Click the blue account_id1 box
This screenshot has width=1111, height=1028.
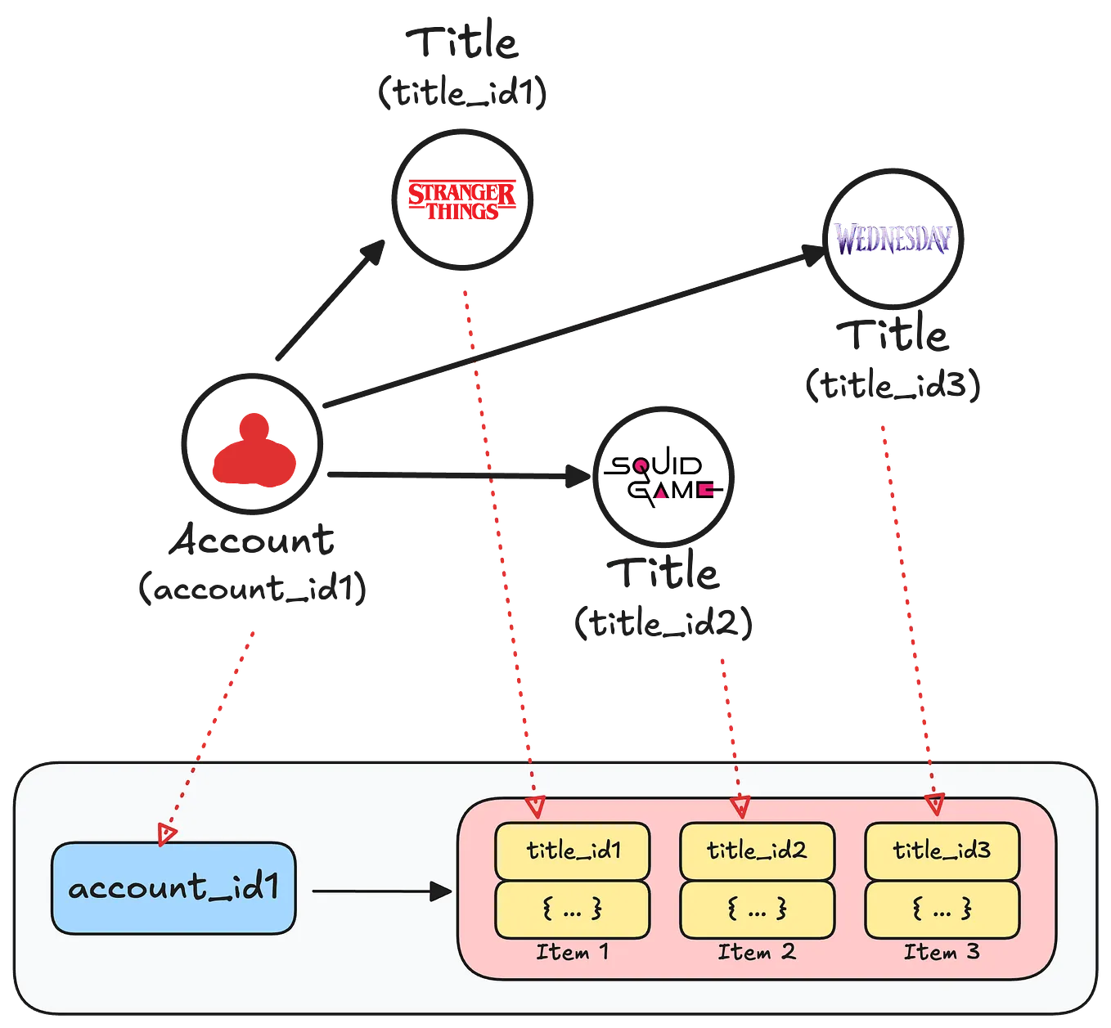tap(173, 888)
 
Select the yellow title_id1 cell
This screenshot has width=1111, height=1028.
tap(572, 851)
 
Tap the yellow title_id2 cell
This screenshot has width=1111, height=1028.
tap(757, 851)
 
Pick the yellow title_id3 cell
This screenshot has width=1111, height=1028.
tap(942, 851)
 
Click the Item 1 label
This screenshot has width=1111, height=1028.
tap(572, 952)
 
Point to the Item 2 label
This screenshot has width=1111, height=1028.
tap(757, 952)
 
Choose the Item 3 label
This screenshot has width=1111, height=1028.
tap(942, 952)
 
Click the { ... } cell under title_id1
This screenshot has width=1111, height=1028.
tap(572, 909)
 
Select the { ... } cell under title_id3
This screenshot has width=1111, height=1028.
tap(942, 909)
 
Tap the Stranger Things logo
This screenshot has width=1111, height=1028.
tap(462, 199)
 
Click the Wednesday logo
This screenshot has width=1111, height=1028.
tap(893, 238)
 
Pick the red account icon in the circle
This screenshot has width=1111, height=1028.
tap(254, 453)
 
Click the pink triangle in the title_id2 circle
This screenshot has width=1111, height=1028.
tap(661, 495)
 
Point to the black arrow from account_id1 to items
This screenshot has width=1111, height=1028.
tap(381, 891)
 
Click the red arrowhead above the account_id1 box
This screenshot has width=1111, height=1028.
tap(167, 834)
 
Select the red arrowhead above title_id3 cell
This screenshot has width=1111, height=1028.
tap(935, 805)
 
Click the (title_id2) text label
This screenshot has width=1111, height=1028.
tap(663, 624)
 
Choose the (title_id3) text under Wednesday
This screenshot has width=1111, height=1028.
tap(893, 385)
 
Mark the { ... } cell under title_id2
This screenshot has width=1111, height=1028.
tap(757, 909)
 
